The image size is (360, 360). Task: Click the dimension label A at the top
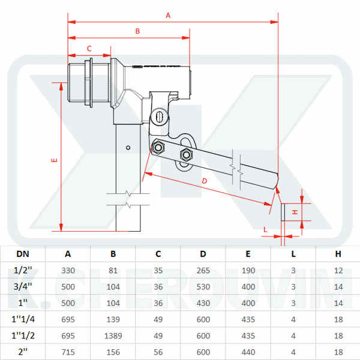coord(168,16)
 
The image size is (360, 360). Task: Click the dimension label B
coord(137,31)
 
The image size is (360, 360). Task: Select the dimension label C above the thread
coord(89,48)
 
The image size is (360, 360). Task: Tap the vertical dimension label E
coord(55,160)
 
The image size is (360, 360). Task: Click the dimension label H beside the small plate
coord(295,212)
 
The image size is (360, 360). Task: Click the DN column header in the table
coord(22,254)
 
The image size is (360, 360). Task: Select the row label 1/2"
coord(22,271)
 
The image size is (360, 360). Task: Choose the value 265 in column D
coord(203,271)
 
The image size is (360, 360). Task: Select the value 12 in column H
coord(338,271)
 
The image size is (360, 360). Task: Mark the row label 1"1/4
coord(22,319)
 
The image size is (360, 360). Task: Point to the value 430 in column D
coord(203,302)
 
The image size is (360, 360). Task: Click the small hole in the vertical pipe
coord(128,147)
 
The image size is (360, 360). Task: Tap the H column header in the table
coord(338,254)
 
